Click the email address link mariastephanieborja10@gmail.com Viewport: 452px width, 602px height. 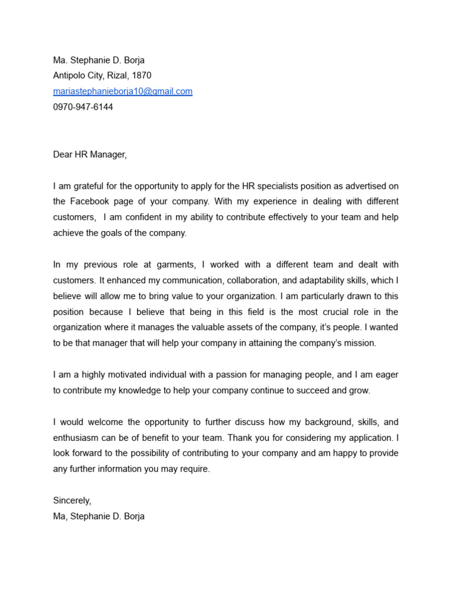[122, 91]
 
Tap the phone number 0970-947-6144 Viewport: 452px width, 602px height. [83, 107]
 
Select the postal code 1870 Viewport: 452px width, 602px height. [141, 75]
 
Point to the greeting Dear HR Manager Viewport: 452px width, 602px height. [89, 155]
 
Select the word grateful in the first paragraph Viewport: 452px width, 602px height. [89, 186]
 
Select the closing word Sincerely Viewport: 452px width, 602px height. [72, 501]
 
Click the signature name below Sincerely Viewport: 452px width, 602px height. [98, 517]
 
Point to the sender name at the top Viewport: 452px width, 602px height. [98, 59]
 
